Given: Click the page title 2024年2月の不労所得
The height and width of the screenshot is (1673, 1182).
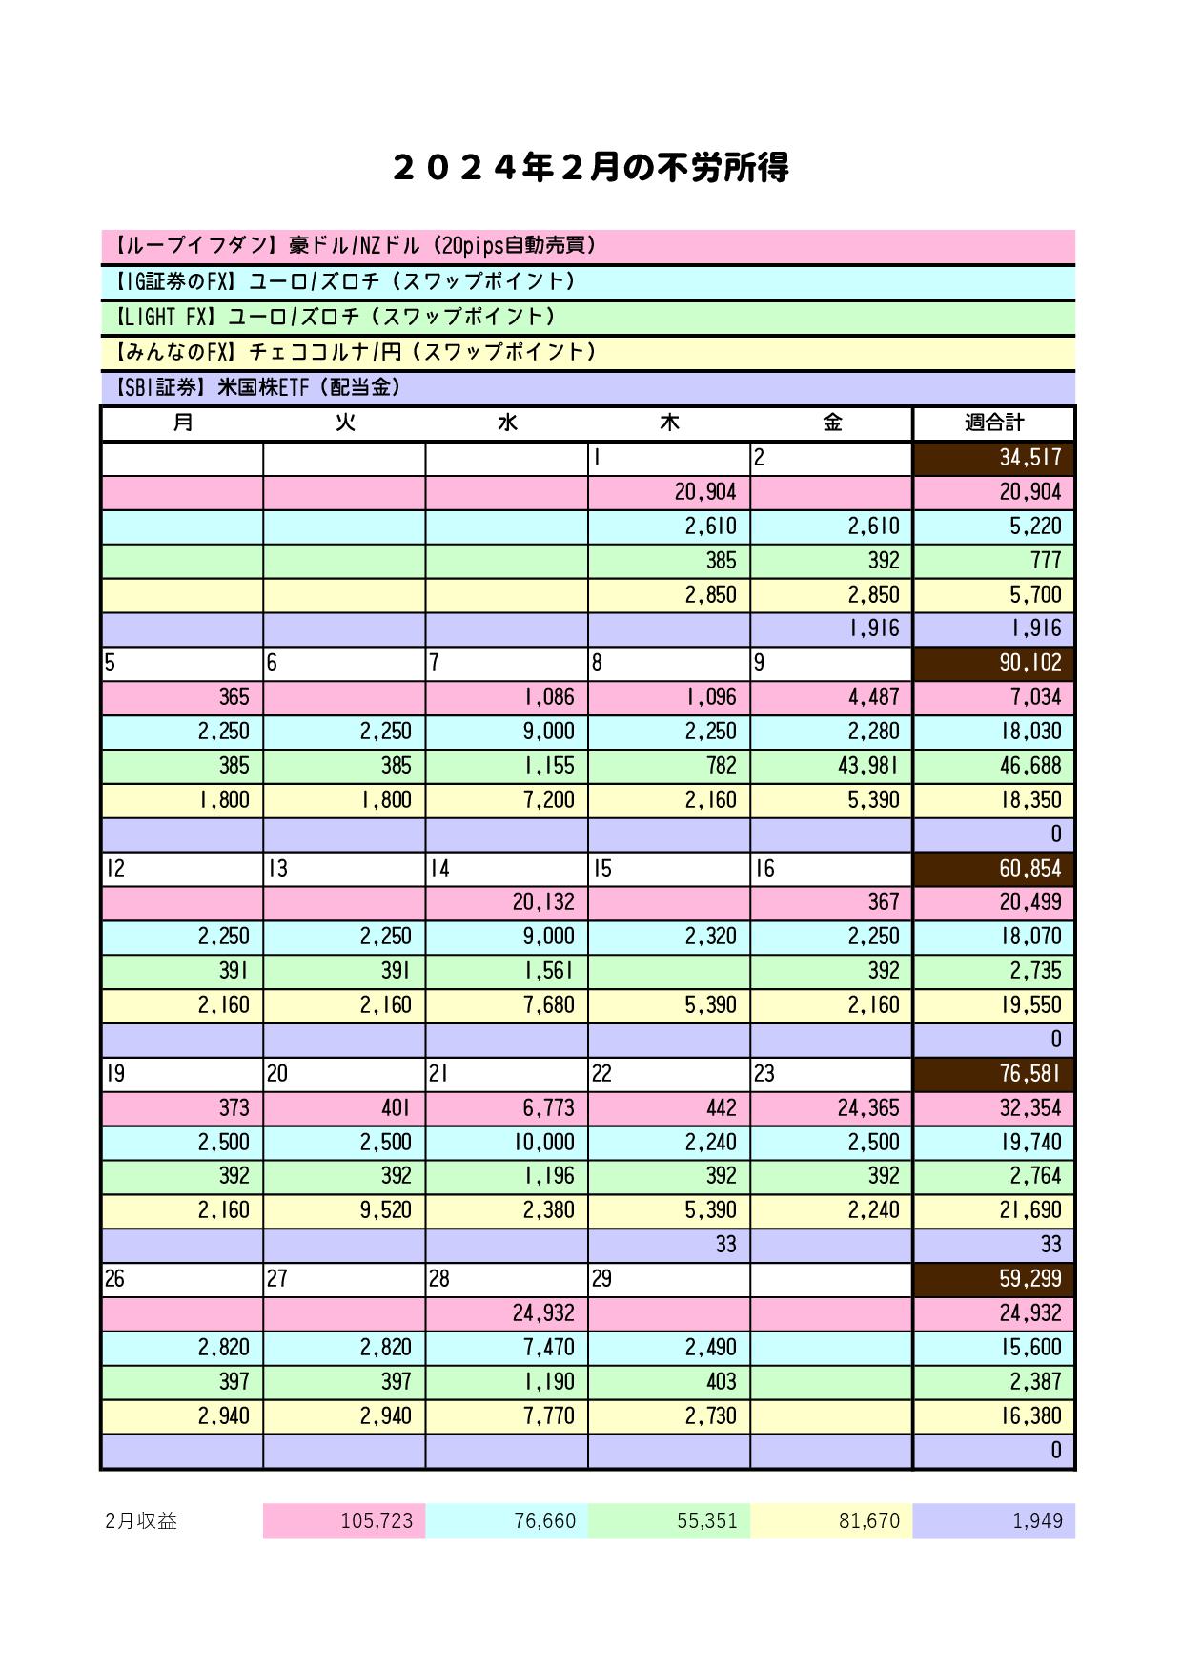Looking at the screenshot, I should (x=590, y=169).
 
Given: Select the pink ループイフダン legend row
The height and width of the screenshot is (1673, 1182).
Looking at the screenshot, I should (x=588, y=246).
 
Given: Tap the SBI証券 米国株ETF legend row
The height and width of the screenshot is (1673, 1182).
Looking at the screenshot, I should (x=588, y=387).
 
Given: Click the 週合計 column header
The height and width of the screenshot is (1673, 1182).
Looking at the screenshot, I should (x=993, y=423).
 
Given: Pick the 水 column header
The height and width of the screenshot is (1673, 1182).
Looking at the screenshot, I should (x=506, y=423).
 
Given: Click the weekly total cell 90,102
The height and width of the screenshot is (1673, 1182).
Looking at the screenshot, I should (x=993, y=663).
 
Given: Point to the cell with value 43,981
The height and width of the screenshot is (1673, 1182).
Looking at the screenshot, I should (x=831, y=766).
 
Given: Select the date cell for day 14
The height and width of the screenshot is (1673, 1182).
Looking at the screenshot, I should (x=506, y=869).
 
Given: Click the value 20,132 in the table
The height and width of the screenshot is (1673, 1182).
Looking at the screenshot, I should (x=506, y=902).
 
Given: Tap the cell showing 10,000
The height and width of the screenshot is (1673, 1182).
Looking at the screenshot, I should (x=506, y=1142).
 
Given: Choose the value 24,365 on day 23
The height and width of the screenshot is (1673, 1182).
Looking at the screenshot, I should (x=831, y=1108).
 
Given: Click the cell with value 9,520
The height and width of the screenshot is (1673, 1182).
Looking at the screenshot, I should (x=344, y=1210).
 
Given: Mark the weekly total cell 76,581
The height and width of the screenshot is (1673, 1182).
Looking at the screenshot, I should (x=993, y=1074).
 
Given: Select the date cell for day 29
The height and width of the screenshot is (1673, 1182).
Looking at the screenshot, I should (x=668, y=1279).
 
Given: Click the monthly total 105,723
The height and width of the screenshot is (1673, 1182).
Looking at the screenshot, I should (x=344, y=1520).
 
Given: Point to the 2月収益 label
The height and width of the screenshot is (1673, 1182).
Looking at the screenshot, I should (x=142, y=1520).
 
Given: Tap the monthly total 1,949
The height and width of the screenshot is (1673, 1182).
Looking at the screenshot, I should (x=993, y=1520).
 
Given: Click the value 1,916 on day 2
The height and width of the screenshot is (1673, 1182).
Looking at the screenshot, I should (x=831, y=629).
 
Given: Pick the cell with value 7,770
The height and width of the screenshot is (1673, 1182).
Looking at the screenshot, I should (x=506, y=1416).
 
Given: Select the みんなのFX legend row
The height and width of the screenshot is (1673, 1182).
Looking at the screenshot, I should (x=588, y=352).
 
